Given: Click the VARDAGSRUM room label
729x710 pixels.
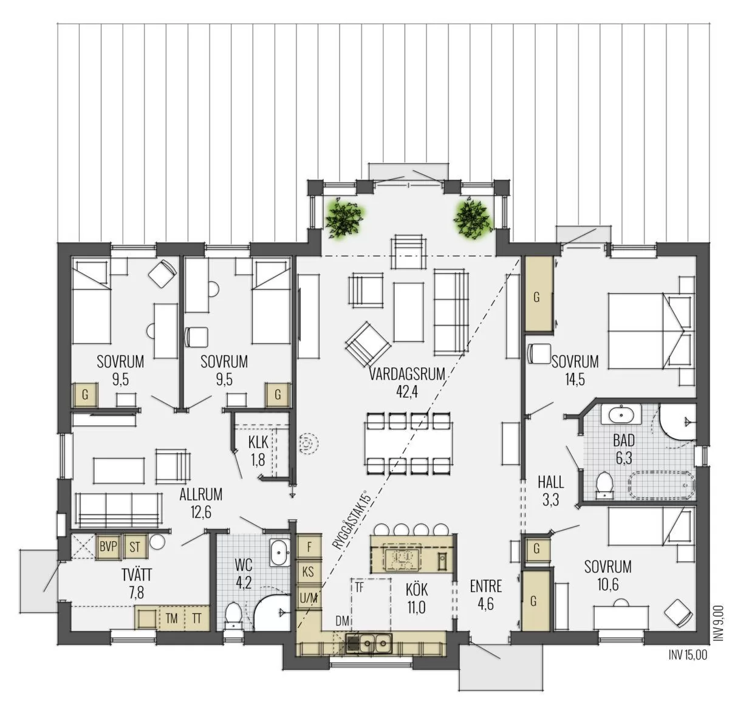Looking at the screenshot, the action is click(407, 374).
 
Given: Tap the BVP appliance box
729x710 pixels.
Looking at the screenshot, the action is click(108, 547).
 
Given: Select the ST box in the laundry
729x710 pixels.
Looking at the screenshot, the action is click(134, 547).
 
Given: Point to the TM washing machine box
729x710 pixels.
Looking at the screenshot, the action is click(171, 619).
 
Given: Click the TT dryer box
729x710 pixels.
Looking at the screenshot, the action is click(197, 619).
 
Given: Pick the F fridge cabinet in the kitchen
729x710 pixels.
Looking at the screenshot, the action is click(309, 547).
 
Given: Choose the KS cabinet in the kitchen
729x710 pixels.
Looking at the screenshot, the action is click(309, 572).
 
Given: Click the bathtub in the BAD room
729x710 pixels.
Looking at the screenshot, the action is click(662, 485).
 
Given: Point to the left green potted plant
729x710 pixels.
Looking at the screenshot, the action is click(344, 218).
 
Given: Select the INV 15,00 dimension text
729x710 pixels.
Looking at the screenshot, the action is click(688, 655).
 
